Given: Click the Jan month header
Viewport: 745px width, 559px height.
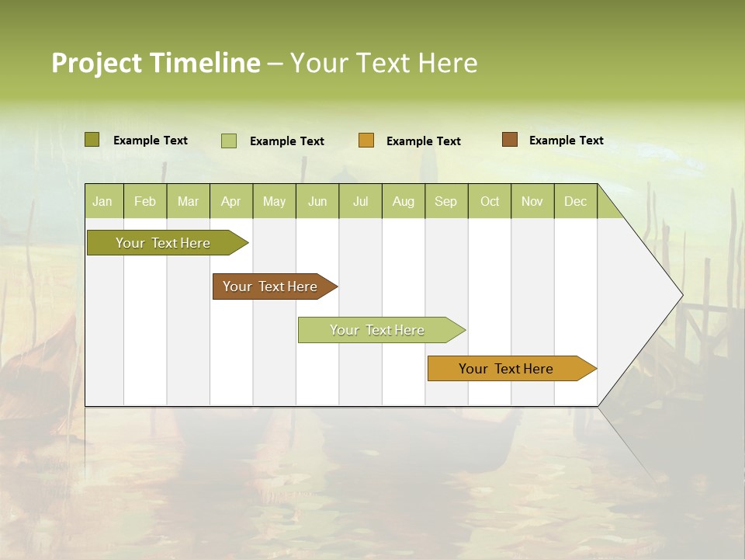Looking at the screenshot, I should (102, 201).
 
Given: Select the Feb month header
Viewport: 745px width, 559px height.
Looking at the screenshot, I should (145, 201).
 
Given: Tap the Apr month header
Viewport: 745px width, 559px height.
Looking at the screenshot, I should (230, 201).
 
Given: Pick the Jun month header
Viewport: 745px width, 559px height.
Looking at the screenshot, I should (317, 201).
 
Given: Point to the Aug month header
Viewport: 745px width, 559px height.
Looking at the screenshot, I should (403, 201).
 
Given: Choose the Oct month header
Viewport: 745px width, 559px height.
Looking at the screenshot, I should (490, 201).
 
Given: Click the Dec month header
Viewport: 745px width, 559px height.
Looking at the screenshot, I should (575, 201).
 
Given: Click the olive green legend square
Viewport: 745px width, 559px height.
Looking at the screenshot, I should (92, 140).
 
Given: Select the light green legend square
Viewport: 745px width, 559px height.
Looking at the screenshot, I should (229, 141).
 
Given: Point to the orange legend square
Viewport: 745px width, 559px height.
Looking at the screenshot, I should (366, 141).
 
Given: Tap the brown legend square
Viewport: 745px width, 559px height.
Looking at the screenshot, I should (509, 140).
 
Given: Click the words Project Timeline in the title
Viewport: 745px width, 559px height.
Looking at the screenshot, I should (156, 63).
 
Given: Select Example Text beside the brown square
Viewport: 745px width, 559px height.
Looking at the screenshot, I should (566, 141).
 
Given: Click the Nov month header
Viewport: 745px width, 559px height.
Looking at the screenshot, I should (532, 201).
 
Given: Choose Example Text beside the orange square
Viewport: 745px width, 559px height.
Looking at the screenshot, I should (423, 141).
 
